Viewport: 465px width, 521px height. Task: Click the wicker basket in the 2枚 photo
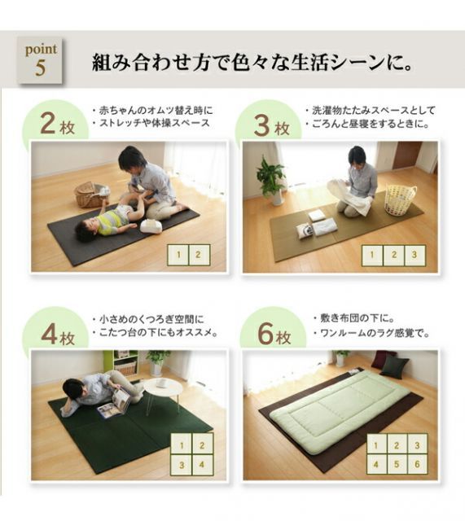pos(90,194)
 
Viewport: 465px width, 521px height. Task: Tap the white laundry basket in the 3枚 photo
pos(400,198)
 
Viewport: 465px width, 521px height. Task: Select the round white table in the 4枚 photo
pos(163,389)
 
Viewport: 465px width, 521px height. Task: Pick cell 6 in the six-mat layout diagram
pos(415,465)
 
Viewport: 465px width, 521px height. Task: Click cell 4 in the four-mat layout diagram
pos(201,466)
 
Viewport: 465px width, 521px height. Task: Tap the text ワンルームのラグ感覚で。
pos(371,333)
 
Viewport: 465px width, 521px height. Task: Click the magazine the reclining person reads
pos(114,403)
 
